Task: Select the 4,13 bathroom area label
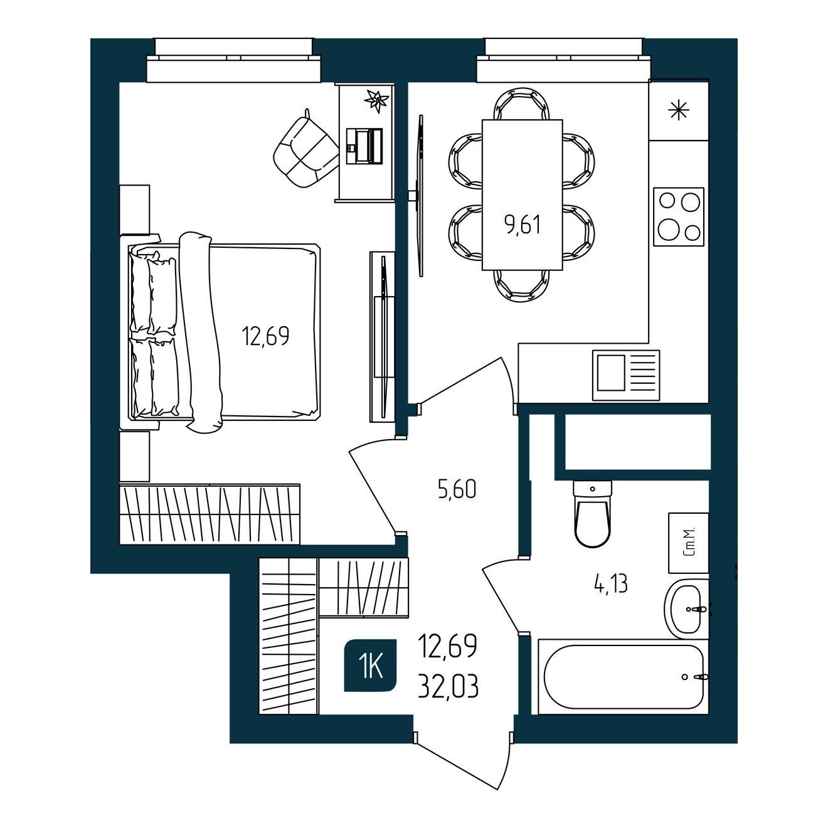click(x=610, y=585)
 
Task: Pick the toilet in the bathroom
click(x=593, y=514)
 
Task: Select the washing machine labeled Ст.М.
click(x=688, y=543)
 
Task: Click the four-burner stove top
click(x=679, y=216)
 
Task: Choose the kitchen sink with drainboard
click(x=626, y=375)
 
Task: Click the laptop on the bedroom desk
click(x=364, y=146)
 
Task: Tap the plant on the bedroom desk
click(x=377, y=101)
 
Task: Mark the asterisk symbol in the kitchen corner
click(x=679, y=111)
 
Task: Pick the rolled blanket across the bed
click(x=201, y=332)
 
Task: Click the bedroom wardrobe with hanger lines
click(x=210, y=515)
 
